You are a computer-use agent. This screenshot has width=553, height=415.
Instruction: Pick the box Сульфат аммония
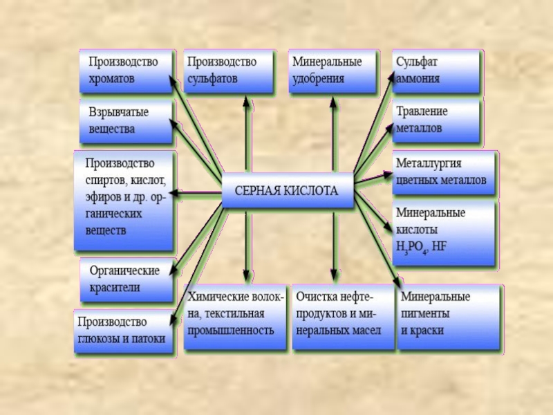click(x=435, y=71)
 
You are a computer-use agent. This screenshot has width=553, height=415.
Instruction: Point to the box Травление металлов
click(x=435, y=120)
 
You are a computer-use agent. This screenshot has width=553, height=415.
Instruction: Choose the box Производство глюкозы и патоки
click(x=124, y=331)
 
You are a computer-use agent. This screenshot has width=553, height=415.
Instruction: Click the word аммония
click(x=418, y=78)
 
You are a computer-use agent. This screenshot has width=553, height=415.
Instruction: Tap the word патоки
click(x=149, y=339)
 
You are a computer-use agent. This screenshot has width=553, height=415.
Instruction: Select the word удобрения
click(x=318, y=78)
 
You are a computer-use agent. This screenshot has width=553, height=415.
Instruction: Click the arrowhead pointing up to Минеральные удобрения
click(x=334, y=102)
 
